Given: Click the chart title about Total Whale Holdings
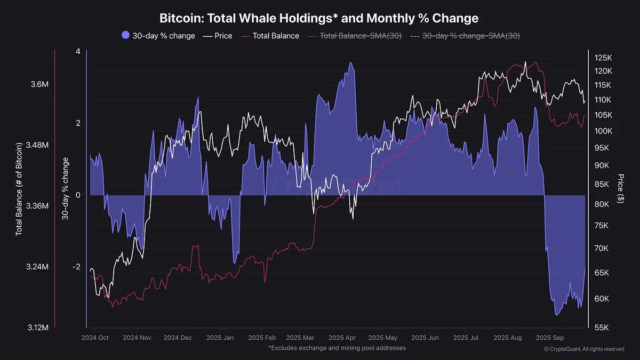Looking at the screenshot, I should click(x=319, y=18).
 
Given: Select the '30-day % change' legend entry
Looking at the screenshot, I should click(x=158, y=36).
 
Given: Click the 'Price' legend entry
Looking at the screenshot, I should click(x=217, y=36).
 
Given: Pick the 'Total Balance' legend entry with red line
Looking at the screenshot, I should click(x=270, y=36).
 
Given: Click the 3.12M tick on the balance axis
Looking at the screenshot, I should click(x=38, y=327).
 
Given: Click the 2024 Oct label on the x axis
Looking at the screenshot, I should click(x=95, y=338).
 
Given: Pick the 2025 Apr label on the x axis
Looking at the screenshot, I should click(x=342, y=338).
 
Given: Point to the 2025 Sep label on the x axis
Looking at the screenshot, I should click(x=550, y=338).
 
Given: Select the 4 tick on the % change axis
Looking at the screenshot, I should click(x=78, y=52).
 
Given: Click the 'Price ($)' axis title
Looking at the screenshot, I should click(x=620, y=188).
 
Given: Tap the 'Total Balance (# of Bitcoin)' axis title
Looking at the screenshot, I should click(x=19, y=189).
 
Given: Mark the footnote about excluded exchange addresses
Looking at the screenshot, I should click(x=337, y=348).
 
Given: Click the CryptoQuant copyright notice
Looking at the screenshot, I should click(x=583, y=349).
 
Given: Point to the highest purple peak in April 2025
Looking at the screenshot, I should click(x=350, y=62).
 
